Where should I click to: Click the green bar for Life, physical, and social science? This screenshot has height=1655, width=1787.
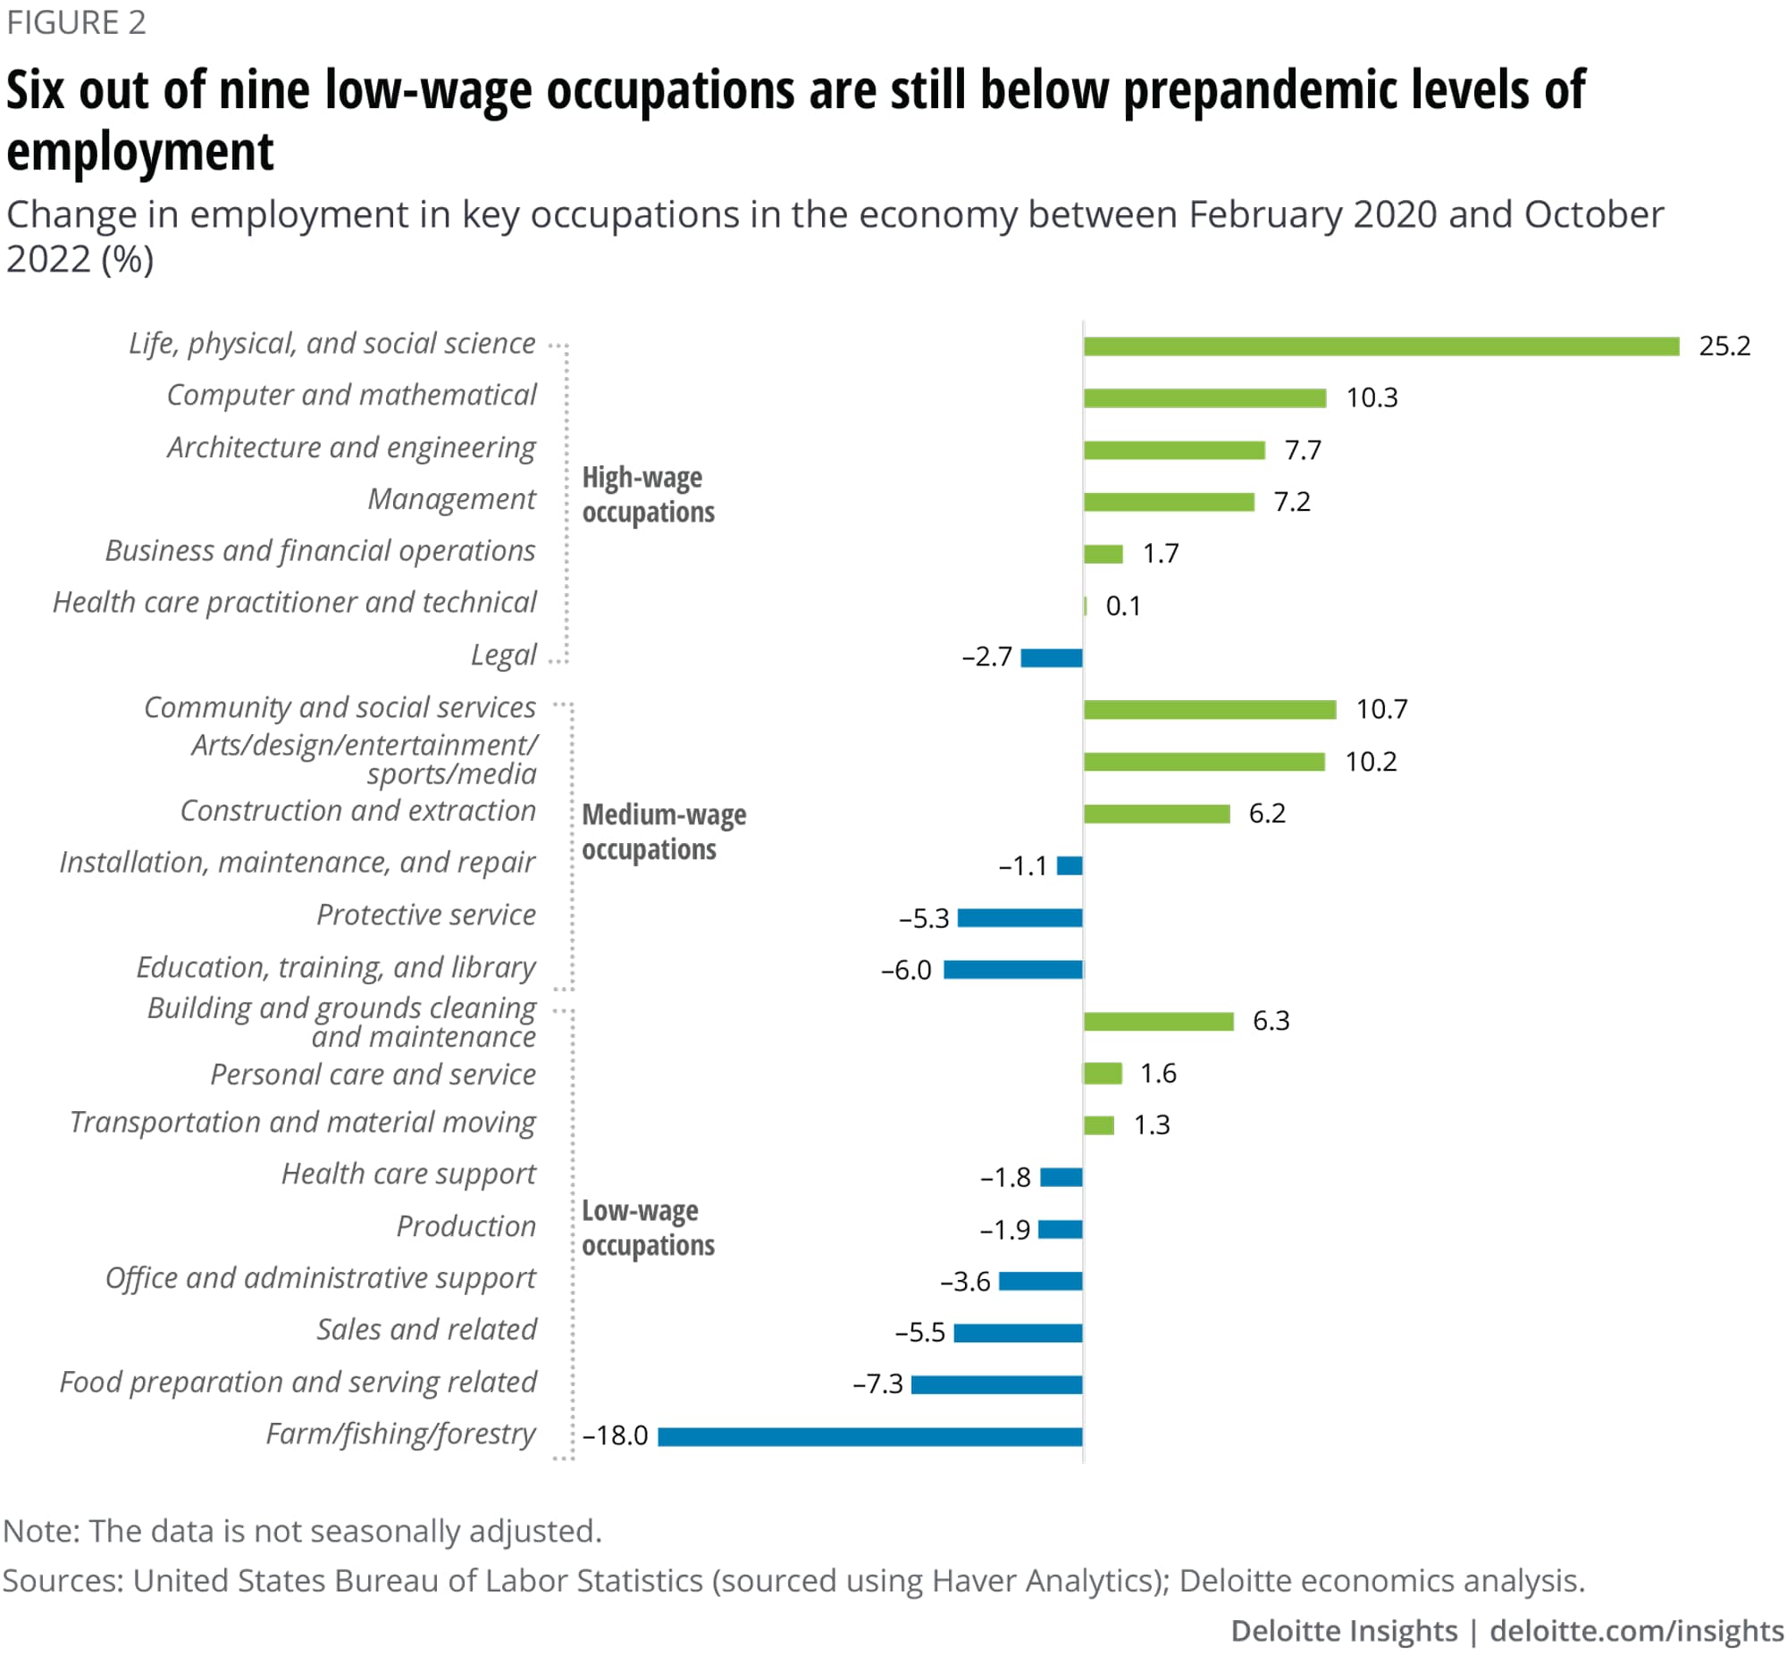point(1380,347)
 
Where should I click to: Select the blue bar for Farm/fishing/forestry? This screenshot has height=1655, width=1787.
point(868,1436)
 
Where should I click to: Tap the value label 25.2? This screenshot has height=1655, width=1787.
point(1724,347)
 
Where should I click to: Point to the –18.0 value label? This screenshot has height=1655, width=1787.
point(615,1435)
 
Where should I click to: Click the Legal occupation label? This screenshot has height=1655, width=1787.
point(503,656)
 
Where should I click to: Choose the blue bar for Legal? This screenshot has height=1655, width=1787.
point(1051,658)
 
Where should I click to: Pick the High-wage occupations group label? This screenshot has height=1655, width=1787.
point(648,494)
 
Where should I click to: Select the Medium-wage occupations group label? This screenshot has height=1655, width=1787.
point(663,832)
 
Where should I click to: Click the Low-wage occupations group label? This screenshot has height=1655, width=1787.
point(648,1228)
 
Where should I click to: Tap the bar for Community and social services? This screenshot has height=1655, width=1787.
point(1208,710)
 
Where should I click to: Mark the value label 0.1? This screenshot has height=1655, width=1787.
point(1122,606)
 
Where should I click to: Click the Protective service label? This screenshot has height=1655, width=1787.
point(425,915)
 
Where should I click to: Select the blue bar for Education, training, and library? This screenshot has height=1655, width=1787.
point(1012,970)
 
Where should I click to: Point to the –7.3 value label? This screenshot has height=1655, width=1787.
point(877,1384)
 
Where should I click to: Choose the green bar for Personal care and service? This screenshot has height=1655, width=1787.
point(1102,1073)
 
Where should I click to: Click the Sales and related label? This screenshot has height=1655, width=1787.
point(426,1330)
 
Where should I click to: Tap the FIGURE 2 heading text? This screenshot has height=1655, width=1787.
point(76,22)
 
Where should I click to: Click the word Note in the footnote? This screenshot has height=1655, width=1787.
point(40,1531)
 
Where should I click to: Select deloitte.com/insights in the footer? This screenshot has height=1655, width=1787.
point(1637,1631)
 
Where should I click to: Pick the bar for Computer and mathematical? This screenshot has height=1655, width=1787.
point(1204,398)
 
